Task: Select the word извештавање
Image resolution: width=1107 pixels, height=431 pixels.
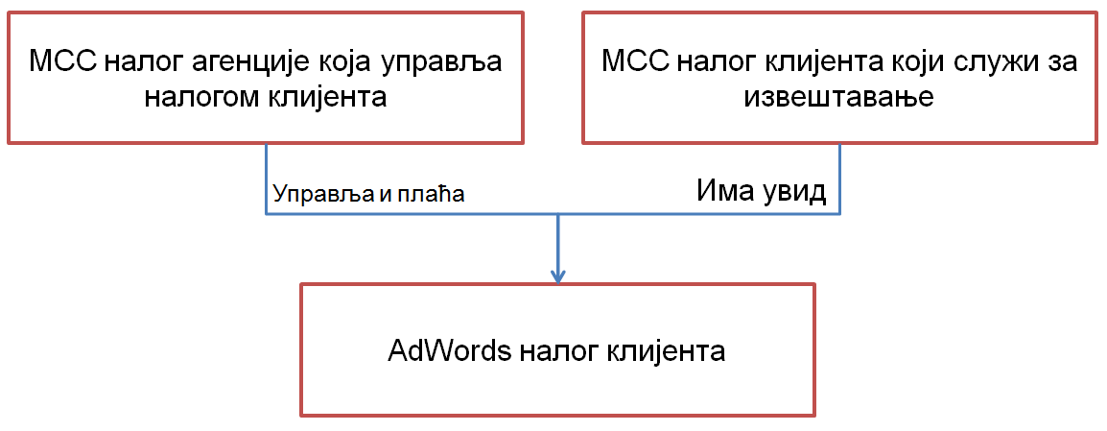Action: pyautogui.click(x=839, y=98)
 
